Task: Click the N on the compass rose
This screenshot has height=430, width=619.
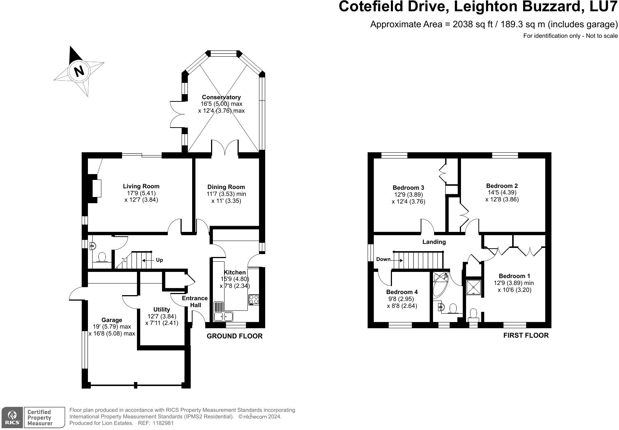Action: [x=79, y=71]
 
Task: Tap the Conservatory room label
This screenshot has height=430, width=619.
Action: [x=221, y=97]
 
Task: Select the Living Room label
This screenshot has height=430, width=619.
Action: [x=141, y=186]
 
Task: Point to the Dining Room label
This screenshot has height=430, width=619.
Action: [x=226, y=187]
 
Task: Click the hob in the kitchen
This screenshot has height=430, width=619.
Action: [x=254, y=300]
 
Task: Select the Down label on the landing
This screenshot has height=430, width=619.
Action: [x=383, y=259]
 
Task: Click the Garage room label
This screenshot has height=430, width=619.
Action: [x=112, y=320]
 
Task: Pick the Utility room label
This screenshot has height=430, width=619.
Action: [x=162, y=309]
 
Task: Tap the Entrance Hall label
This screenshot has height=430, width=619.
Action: [x=195, y=301]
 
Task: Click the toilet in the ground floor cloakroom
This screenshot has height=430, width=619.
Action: [x=102, y=257]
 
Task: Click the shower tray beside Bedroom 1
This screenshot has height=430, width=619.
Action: [x=474, y=287]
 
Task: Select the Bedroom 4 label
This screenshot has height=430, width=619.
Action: [x=402, y=292]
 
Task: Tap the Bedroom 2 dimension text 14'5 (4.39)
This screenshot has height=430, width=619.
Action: [x=502, y=192]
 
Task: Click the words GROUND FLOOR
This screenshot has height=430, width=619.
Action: [x=235, y=336]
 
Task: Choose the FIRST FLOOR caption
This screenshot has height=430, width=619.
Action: [x=526, y=335]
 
